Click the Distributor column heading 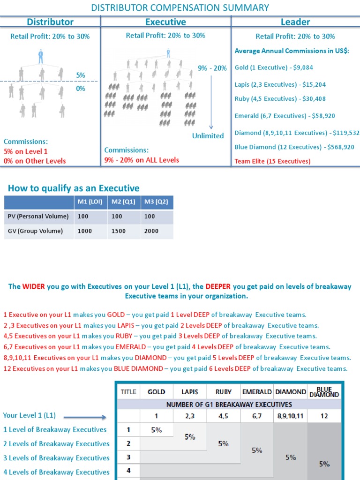click(x=50, y=22)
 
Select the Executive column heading click(x=165, y=22)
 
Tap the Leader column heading click(x=295, y=22)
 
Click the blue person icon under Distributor click(x=41, y=57)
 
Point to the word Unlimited click(x=208, y=136)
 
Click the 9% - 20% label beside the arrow click(x=212, y=68)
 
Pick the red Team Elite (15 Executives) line click(x=272, y=161)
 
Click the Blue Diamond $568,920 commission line click(x=294, y=147)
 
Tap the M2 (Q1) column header click(x=124, y=202)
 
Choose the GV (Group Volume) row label click(x=35, y=231)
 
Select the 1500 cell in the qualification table click(x=118, y=231)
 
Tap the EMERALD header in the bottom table click(x=256, y=391)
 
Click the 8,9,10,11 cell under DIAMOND click(x=290, y=415)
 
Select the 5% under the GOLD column click(x=157, y=429)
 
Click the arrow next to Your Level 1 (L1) click(x=85, y=416)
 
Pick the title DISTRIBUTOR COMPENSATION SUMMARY click(x=180, y=7)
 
